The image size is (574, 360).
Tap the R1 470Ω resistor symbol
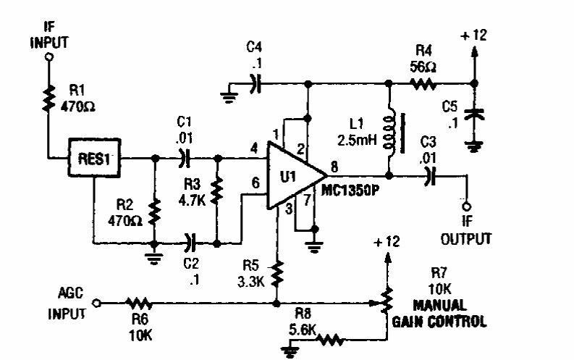(48, 99)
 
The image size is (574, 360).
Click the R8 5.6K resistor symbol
(329, 337)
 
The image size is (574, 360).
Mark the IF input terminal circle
(48, 56)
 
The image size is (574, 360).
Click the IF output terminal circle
(465, 204)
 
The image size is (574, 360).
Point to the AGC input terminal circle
(96, 302)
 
